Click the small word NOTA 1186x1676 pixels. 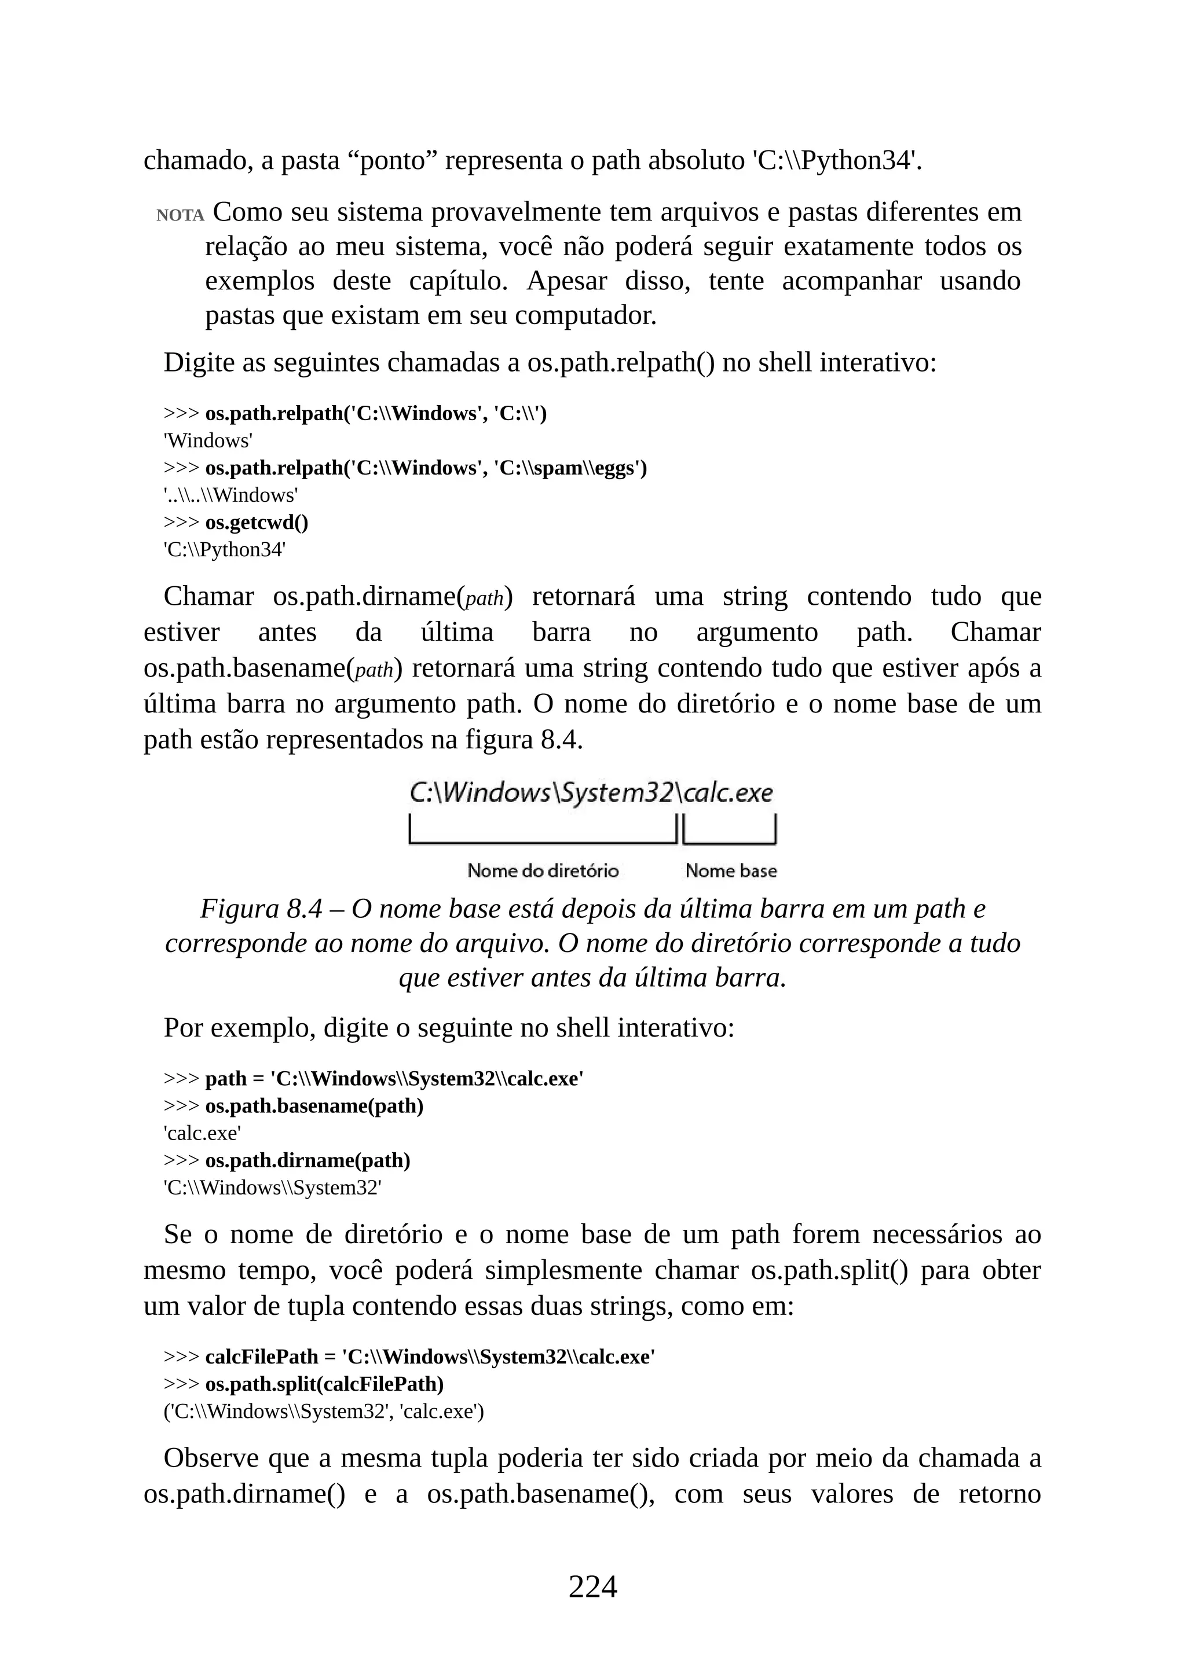pos(180,215)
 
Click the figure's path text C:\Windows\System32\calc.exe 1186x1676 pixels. pos(591,793)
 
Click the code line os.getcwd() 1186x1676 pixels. pos(257,523)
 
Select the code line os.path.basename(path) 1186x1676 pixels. pos(314,1106)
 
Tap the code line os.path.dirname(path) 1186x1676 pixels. pos(308,1161)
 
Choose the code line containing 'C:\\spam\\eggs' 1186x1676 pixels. pos(426,468)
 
